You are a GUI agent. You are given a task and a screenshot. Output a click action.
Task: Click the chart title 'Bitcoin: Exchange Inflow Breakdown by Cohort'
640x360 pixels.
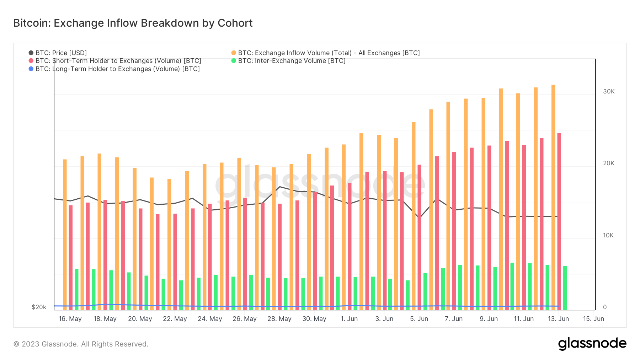pyautogui.click(x=133, y=23)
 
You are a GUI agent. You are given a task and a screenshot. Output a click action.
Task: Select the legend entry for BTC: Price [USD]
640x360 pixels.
pyautogui.click(x=61, y=53)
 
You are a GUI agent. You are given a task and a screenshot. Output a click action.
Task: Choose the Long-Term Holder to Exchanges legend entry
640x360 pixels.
pyautogui.click(x=117, y=69)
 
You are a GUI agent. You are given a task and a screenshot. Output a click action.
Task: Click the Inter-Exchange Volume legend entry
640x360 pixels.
pyautogui.click(x=292, y=61)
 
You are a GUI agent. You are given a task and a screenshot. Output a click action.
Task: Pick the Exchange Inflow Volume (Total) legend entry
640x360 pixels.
pyautogui.click(x=329, y=53)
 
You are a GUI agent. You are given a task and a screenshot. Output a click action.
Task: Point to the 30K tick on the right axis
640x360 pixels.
pyautogui.click(x=609, y=91)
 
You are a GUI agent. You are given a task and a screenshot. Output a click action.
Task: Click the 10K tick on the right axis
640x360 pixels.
pyautogui.click(x=608, y=235)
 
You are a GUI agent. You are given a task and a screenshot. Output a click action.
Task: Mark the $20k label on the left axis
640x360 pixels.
pyautogui.click(x=39, y=307)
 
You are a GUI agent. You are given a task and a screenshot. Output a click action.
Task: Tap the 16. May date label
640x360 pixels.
pyautogui.click(x=70, y=319)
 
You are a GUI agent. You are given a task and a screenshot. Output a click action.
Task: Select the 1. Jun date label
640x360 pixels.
pyautogui.click(x=349, y=319)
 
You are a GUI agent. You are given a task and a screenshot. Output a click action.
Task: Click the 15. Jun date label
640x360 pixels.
pyautogui.click(x=593, y=319)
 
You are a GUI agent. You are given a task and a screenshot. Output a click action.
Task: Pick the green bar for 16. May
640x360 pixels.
pyautogui.click(x=76, y=289)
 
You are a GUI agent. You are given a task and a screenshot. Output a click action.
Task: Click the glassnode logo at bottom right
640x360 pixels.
pyautogui.click(x=592, y=344)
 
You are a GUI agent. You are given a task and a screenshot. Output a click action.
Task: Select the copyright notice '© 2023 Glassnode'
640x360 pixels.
pyautogui.click(x=81, y=344)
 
